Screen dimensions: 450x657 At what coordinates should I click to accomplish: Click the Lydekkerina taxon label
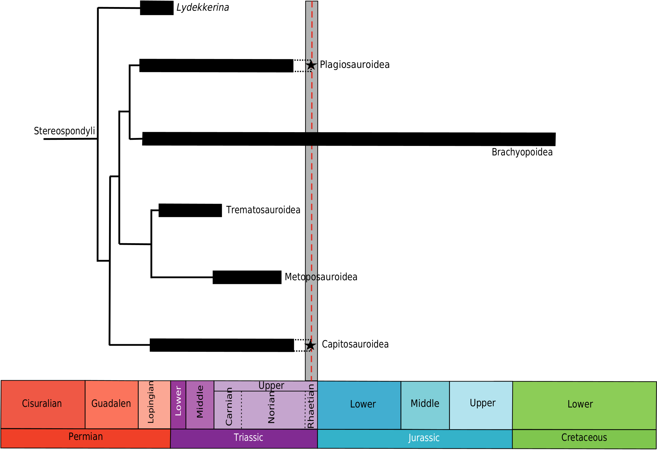tap(203, 7)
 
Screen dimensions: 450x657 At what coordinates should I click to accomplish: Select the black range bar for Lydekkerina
tap(157, 8)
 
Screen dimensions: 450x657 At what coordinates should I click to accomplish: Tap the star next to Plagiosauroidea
tap(311, 65)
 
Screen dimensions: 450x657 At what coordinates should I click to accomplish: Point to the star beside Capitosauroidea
tap(310, 345)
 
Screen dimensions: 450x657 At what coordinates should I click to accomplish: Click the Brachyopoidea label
tap(522, 152)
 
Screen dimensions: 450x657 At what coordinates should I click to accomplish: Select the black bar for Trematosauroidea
tap(190, 210)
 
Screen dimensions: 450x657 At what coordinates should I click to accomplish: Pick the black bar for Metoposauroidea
tap(247, 277)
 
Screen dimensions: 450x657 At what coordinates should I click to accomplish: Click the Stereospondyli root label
tap(64, 131)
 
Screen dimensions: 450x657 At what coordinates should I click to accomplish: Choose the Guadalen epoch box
tap(111, 404)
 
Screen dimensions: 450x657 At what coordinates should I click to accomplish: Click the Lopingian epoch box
tap(154, 404)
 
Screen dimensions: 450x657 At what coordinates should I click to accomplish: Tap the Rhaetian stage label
tap(311, 406)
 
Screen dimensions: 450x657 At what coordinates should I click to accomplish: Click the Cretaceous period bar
tap(584, 438)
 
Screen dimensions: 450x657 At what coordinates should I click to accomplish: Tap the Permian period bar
tap(86, 437)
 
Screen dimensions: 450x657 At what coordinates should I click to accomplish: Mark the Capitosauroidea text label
tap(355, 344)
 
